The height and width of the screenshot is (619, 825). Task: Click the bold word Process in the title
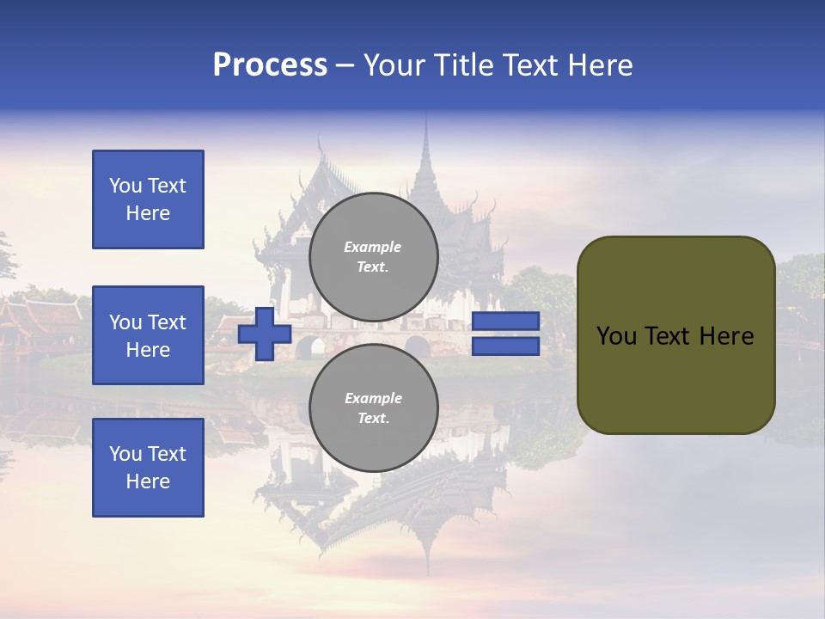point(270,65)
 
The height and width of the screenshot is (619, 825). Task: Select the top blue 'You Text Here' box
point(148,199)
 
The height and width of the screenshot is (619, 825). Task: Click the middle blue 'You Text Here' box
point(148,335)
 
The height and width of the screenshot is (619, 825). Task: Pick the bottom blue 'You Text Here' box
point(148,468)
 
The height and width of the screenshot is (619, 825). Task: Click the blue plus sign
point(265,334)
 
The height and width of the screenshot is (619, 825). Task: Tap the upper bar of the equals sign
point(505,321)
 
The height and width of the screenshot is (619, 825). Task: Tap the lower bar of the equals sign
point(505,346)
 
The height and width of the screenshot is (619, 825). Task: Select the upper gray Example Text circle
point(373,257)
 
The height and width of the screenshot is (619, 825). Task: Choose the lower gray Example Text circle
point(373,408)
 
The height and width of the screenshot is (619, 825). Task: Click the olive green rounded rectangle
point(675,335)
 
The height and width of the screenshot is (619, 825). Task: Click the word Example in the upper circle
point(373,247)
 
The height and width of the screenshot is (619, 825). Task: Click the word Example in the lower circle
point(373,398)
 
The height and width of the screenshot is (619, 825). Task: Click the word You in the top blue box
point(125,186)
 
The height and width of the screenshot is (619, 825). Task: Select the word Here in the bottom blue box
point(148,481)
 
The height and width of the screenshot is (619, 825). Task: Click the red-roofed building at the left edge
point(34,318)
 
